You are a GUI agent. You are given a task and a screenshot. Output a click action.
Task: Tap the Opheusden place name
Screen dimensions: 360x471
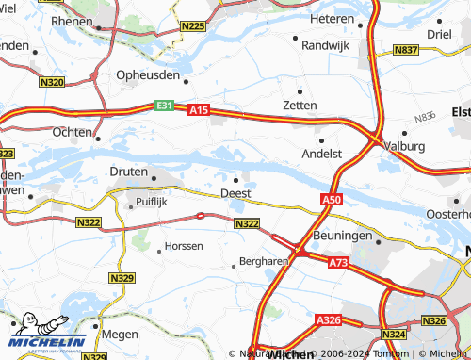[148, 74]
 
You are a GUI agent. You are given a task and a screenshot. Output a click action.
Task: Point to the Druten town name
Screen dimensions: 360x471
[129, 172]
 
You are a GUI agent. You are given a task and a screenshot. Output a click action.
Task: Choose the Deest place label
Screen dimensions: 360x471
[235, 193]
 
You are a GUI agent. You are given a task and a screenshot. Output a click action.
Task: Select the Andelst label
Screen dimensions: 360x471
[320, 153]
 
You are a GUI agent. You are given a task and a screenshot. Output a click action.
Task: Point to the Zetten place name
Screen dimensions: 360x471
[300, 105]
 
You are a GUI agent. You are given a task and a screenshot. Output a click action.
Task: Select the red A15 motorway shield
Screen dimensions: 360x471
[198, 110]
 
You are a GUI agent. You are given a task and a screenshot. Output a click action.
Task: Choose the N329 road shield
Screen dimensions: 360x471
[122, 278]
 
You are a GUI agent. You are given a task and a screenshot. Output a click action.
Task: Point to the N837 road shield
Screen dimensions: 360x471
[407, 49]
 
